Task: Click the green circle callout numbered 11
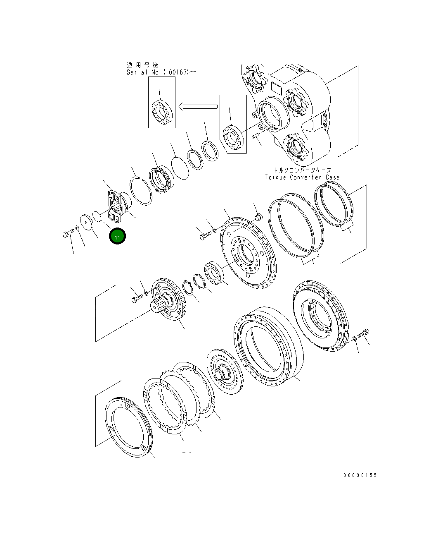coord(117,237)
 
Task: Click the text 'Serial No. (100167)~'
coord(161,72)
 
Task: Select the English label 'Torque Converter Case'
coord(303,177)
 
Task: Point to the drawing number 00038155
coord(360,475)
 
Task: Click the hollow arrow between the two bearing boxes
coord(198,107)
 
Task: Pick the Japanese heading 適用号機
coord(142,65)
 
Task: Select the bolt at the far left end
coord(67,234)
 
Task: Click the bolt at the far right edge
coord(364,333)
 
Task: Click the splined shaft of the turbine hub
coord(159,307)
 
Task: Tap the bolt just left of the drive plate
coord(205,236)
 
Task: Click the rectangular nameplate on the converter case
coord(275,88)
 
